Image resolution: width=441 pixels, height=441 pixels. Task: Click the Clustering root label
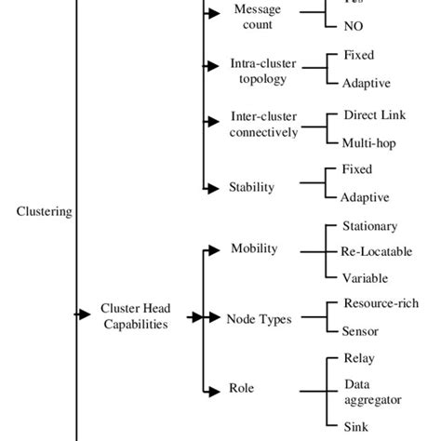click(x=44, y=212)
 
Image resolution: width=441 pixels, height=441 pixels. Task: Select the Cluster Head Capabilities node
click(x=135, y=316)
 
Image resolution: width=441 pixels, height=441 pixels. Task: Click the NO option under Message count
click(x=354, y=27)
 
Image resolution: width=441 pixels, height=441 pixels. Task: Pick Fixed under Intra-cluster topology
click(x=357, y=56)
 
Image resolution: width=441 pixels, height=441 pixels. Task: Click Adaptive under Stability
click(x=365, y=198)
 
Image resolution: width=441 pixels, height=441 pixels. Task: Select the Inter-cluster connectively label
click(x=264, y=126)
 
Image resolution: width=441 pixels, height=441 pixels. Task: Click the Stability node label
click(x=251, y=187)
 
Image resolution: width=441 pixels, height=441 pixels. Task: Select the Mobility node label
click(x=254, y=248)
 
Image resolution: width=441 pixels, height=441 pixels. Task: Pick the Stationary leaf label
click(x=370, y=226)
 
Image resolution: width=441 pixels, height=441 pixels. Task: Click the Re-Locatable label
click(x=377, y=251)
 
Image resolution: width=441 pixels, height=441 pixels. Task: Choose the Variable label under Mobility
click(x=365, y=277)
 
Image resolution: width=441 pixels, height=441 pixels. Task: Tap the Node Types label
click(x=259, y=319)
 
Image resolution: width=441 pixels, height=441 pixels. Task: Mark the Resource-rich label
click(x=381, y=303)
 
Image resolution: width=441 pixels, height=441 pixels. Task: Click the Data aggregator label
click(x=372, y=391)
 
